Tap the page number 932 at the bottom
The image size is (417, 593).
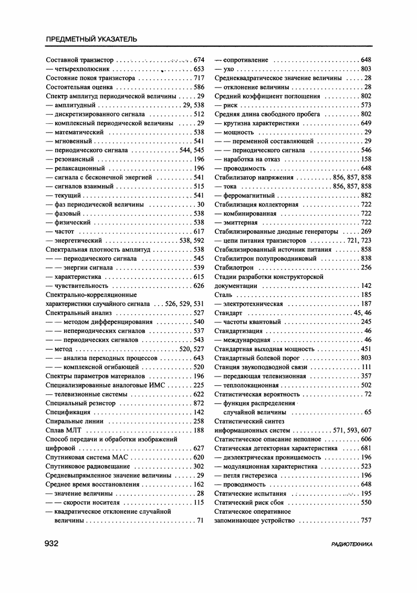(x=54, y=544)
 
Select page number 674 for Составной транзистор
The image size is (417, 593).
(x=199, y=60)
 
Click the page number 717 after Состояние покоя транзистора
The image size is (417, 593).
(x=199, y=78)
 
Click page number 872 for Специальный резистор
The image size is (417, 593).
(x=199, y=403)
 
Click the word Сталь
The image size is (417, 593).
(x=224, y=295)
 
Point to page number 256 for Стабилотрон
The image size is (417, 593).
(x=366, y=268)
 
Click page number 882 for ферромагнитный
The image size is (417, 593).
(x=366, y=195)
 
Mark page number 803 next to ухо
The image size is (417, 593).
(x=366, y=69)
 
